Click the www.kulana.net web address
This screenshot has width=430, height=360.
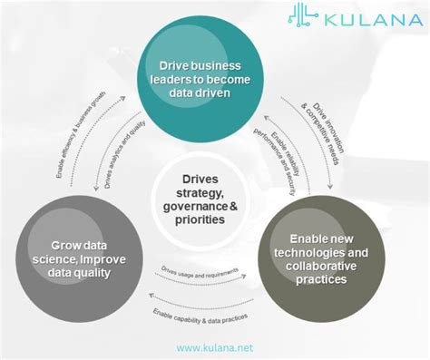click(x=214, y=347)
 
